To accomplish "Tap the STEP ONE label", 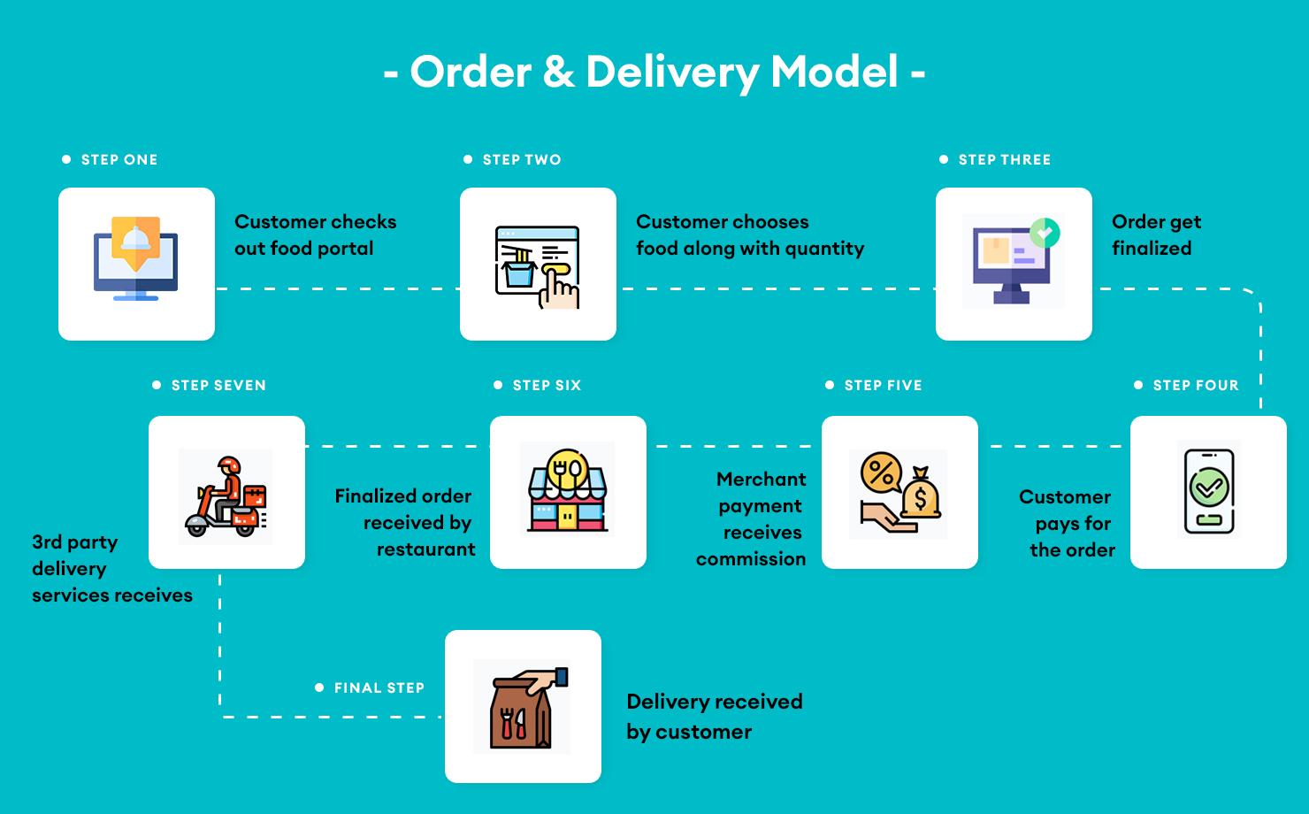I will [x=119, y=160].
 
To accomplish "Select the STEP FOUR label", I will [x=1196, y=386].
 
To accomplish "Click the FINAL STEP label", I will [x=379, y=688].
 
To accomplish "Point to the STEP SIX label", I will [x=547, y=386].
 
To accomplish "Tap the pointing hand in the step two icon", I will [x=558, y=288].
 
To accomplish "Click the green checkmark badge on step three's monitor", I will [x=1045, y=233].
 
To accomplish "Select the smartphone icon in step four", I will [x=1209, y=491].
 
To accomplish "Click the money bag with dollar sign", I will [x=921, y=496].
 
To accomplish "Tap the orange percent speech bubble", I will [x=881, y=472].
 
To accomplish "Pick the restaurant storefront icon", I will [x=568, y=492].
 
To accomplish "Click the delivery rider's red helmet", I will [x=229, y=465].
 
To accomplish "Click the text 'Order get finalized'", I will [x=1155, y=235].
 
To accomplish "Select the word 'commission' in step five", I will [x=750, y=559].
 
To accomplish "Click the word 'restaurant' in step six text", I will [x=425, y=549].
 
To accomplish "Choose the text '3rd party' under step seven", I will [x=74, y=542].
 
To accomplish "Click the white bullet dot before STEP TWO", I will [x=468, y=160].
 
